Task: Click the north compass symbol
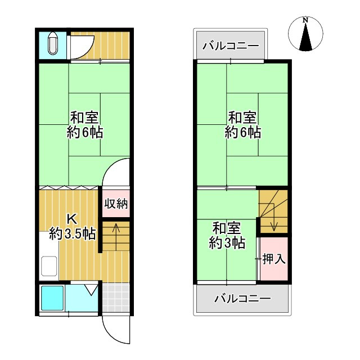[305, 35]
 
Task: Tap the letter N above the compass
[305, 20]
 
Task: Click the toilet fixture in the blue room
[53, 44]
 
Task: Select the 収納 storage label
[116, 204]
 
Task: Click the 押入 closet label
[274, 259]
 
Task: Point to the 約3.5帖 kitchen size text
[72, 233]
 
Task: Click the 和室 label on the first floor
[84, 118]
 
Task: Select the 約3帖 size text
[227, 243]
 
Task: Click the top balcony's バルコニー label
[230, 46]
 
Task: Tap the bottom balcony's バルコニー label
[242, 298]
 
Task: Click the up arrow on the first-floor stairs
[115, 230]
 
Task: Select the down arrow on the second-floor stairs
[273, 223]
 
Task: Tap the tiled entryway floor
[117, 298]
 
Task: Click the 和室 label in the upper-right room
[242, 118]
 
